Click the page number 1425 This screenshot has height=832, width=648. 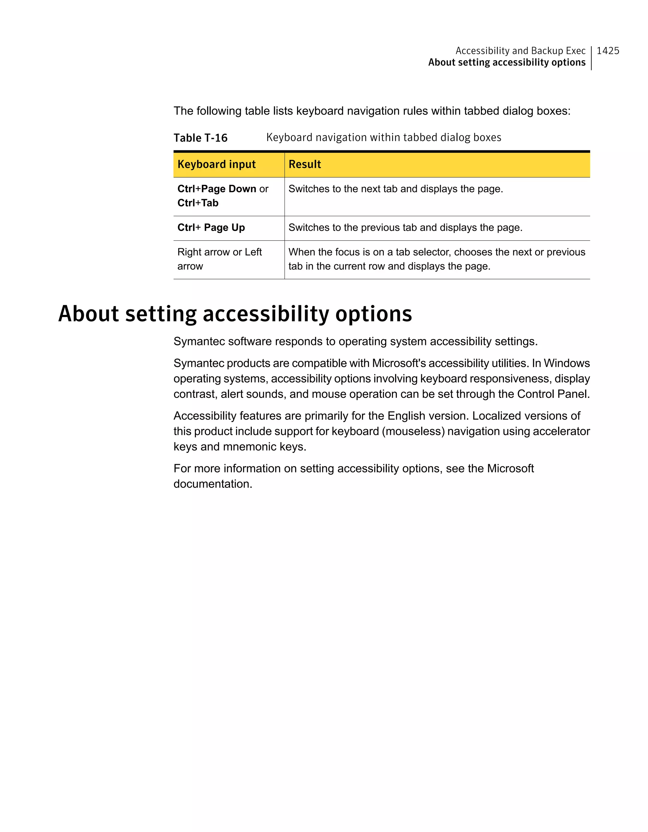tap(607, 51)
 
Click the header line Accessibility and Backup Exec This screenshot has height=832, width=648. tap(520, 51)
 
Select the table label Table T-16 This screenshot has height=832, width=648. tap(200, 138)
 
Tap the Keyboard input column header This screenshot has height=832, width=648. tap(217, 165)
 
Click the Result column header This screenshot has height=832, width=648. tap(305, 165)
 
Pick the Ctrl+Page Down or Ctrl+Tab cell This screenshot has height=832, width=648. tap(223, 196)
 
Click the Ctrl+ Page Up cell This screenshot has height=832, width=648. tap(211, 228)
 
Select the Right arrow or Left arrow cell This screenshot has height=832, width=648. tap(219, 259)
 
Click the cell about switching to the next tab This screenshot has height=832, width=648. tap(396, 189)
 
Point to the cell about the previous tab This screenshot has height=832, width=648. tap(405, 228)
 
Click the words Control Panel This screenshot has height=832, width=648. tap(553, 394)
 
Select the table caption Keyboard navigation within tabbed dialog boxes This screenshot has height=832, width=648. tap(384, 137)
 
